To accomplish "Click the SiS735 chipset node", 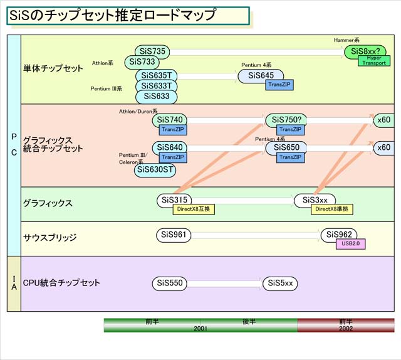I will coord(153,51).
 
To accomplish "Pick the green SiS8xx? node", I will coord(367,51).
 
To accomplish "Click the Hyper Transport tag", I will coord(372,60).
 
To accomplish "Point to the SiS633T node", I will coord(157,86).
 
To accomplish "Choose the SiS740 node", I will coord(169,119).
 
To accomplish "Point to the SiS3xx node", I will coord(315,200).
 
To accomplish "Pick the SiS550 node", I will coord(170,283).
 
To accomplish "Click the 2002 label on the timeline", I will coord(345,328).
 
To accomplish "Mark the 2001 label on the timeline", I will coord(200,328).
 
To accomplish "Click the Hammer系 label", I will coord(346,40).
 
